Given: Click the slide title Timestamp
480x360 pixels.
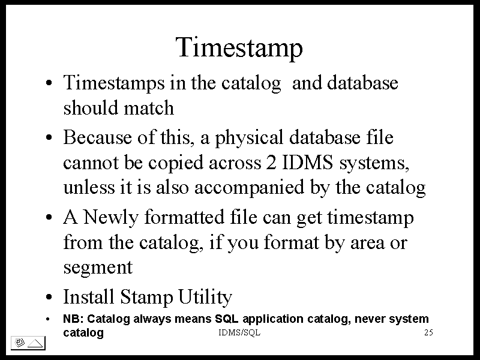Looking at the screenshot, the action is [x=239, y=48].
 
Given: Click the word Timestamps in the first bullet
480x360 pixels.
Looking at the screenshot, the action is [x=114, y=83].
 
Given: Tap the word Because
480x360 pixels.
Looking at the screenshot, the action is [x=97, y=137].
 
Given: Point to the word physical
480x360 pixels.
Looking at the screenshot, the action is [x=249, y=138].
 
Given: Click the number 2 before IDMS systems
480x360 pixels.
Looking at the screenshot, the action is [x=271, y=162].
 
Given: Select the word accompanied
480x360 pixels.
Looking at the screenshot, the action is [x=249, y=187].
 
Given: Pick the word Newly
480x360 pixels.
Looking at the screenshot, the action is [x=111, y=218].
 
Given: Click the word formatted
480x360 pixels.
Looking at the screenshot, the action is [x=184, y=217].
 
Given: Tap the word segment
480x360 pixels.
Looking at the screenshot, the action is [x=98, y=268].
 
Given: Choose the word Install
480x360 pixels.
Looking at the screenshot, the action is [x=88, y=296].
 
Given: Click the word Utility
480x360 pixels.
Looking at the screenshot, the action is [x=205, y=297].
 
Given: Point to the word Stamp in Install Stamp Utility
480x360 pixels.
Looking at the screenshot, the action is [x=146, y=297].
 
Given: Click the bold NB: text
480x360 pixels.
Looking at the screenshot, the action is [x=73, y=319].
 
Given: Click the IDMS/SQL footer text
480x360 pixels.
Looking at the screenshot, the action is [x=239, y=332].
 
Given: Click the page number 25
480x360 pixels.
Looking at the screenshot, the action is [x=428, y=332].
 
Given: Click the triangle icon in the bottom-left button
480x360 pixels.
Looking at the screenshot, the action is [x=35, y=343].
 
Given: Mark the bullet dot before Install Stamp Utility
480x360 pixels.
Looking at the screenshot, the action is [x=49, y=297].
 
